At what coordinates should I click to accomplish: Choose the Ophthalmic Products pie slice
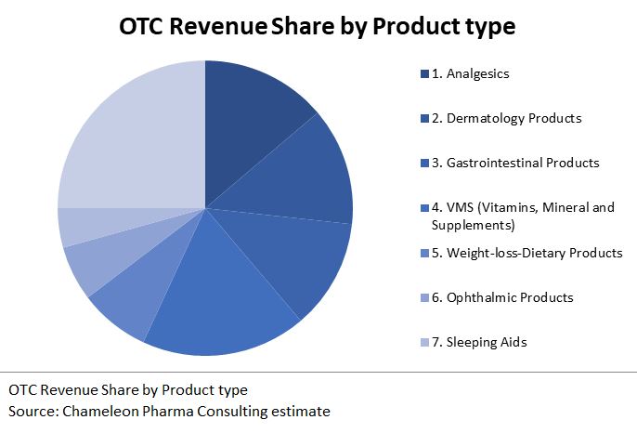(93, 265)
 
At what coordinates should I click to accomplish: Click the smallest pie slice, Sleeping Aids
(79, 226)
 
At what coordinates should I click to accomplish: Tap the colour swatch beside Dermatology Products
(424, 118)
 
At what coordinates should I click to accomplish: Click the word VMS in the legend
(461, 207)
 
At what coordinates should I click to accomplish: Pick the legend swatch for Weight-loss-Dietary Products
(424, 253)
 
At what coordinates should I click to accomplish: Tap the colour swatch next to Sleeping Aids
(424, 342)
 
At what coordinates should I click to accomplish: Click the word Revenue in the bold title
(213, 27)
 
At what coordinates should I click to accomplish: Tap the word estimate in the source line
(302, 410)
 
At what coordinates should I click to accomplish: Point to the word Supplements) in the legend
(474, 225)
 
